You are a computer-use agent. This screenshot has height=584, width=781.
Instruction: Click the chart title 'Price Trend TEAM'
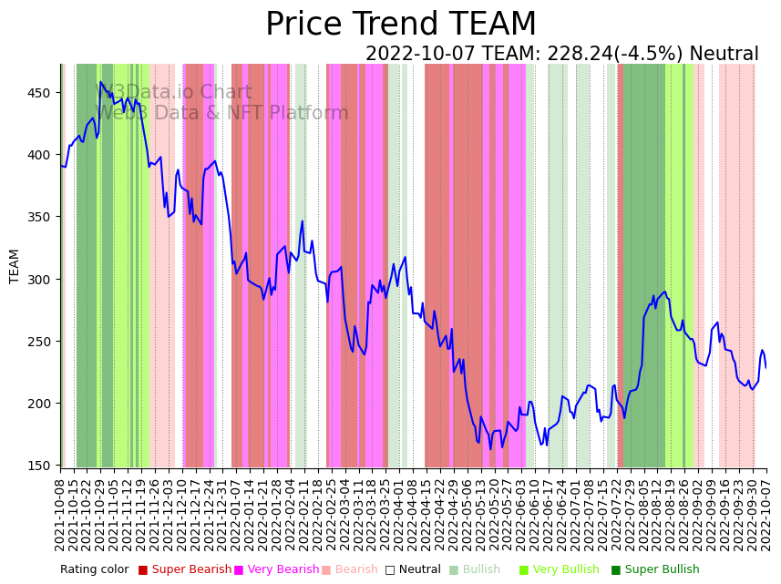[401, 25]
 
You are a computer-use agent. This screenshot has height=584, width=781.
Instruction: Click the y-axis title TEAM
[15, 266]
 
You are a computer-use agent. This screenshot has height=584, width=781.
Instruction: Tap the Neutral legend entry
[406, 569]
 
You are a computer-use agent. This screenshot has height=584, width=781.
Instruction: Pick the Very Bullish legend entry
[560, 569]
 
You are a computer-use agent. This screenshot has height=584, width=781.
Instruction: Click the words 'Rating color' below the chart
[95, 569]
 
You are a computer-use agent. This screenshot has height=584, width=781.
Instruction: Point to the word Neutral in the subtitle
[724, 55]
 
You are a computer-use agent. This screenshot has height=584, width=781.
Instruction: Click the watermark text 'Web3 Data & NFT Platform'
[222, 113]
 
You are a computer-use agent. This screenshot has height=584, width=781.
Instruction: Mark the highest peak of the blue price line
[100, 82]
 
